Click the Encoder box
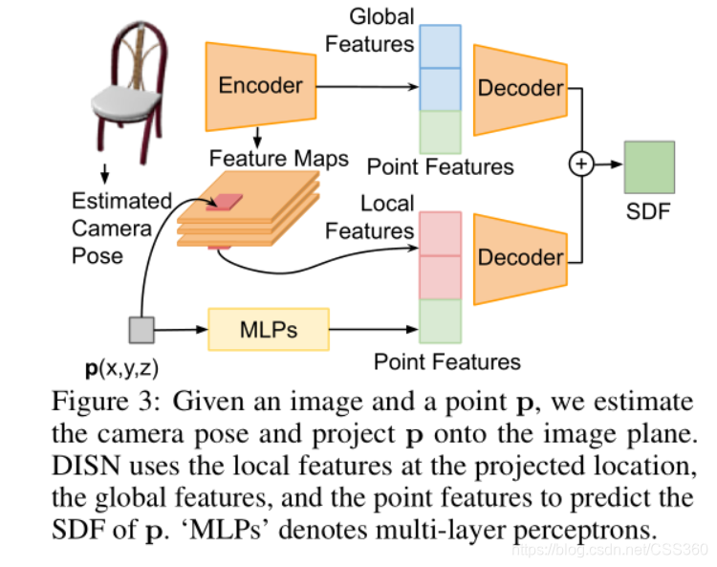(260, 85)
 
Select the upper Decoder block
(520, 88)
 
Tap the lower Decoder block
(520, 257)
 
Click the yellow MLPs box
(268, 331)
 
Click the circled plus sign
(581, 164)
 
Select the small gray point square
(141, 331)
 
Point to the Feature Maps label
(278, 158)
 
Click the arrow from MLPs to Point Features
(373, 331)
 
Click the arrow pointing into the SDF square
(608, 164)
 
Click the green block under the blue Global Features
(441, 132)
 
